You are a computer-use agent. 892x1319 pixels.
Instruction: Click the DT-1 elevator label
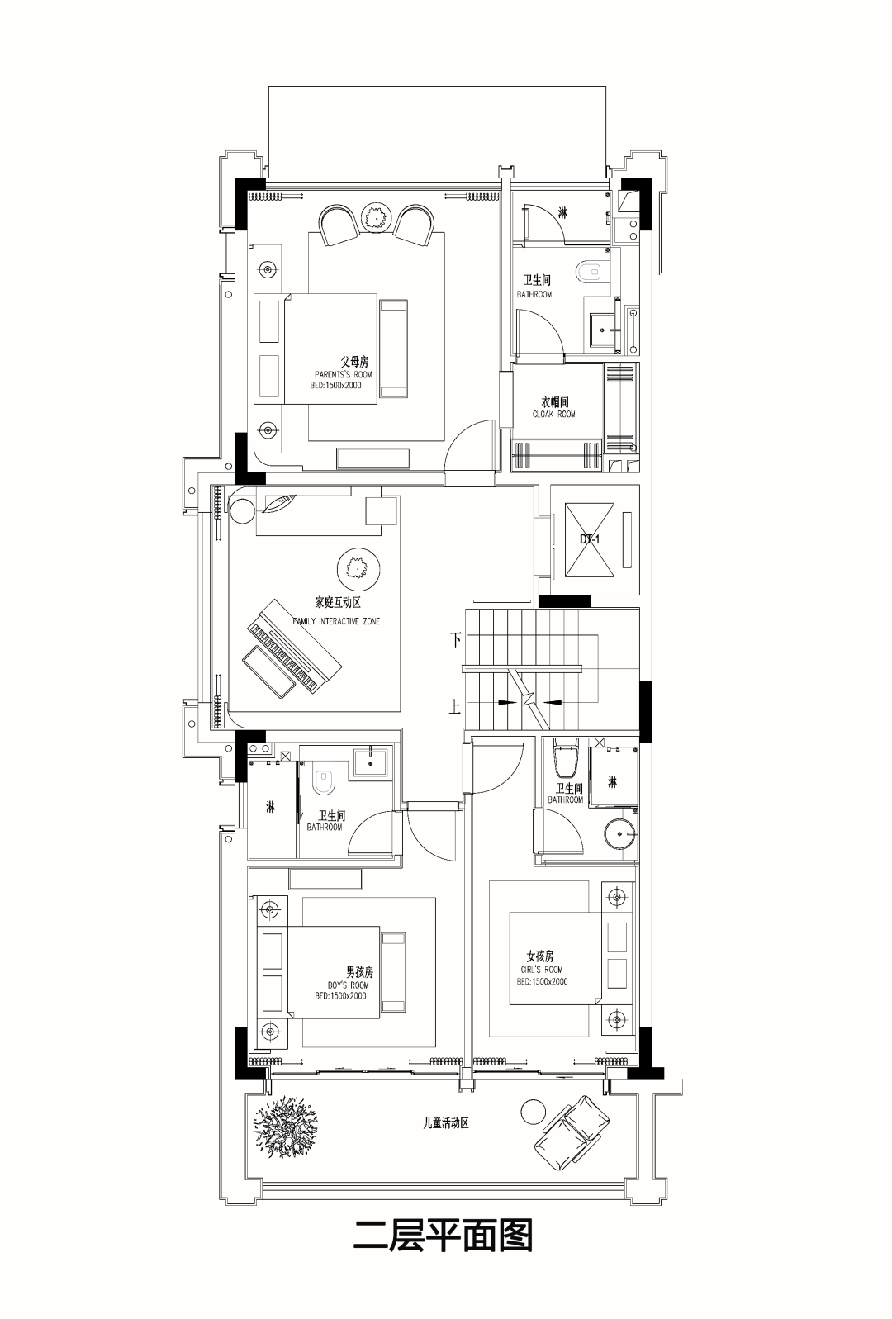[x=590, y=539]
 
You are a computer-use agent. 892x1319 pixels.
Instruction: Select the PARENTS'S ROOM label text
[x=344, y=374]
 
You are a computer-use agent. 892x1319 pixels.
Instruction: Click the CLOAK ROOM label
[x=554, y=414]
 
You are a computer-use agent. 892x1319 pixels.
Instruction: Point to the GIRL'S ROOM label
[x=542, y=970]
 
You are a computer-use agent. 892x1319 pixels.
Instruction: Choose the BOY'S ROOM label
[x=349, y=985]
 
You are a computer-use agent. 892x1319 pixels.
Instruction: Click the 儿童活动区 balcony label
[x=447, y=1123]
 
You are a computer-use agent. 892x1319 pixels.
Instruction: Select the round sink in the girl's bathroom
[x=620, y=833]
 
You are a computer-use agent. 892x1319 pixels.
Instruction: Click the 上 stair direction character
[x=455, y=707]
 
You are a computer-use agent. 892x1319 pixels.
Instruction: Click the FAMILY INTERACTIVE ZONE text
[x=336, y=621]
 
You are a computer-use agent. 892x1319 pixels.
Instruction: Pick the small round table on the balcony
[x=534, y=1112]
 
